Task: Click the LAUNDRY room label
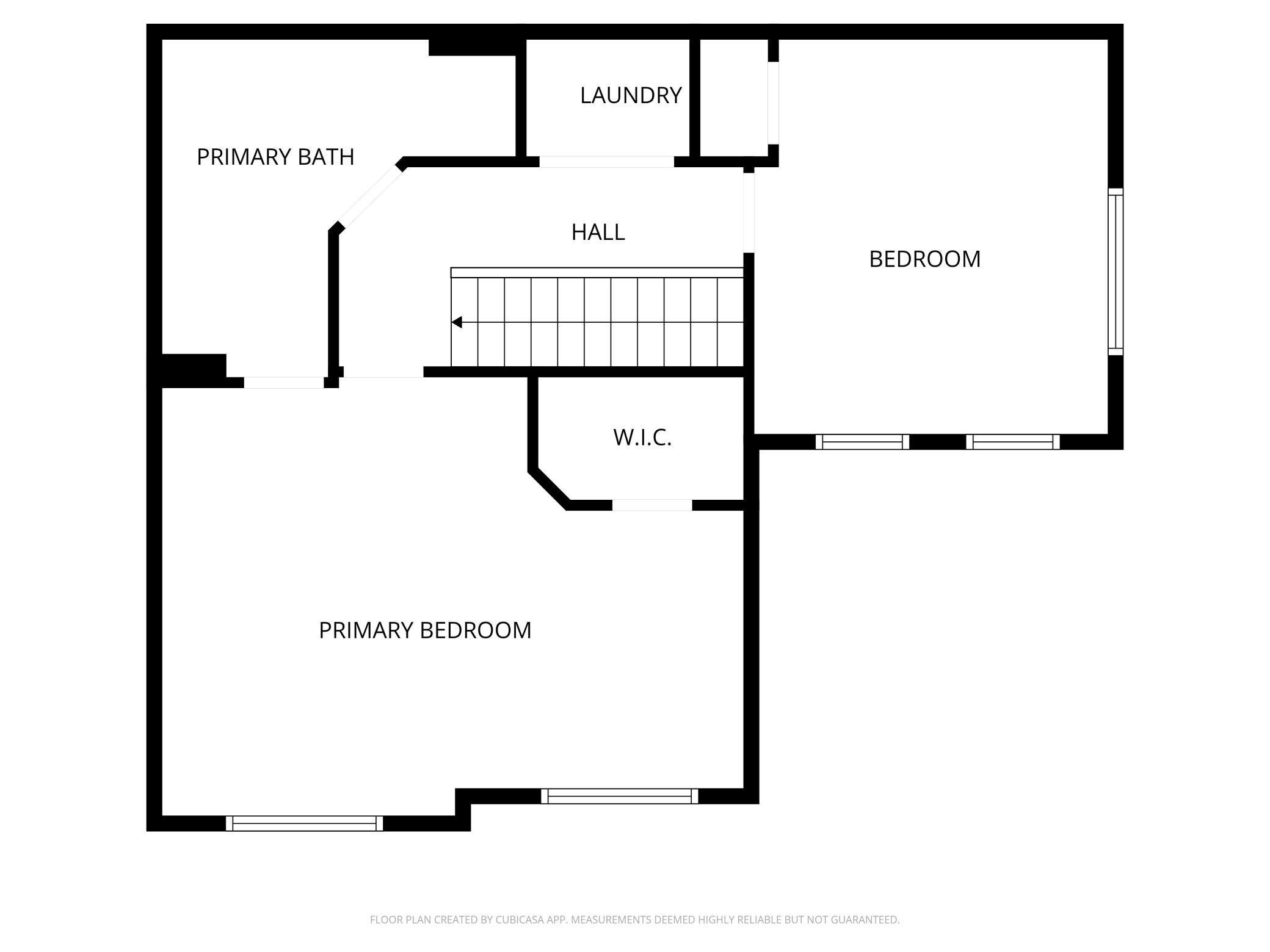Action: coord(631,96)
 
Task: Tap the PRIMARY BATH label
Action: coord(275,157)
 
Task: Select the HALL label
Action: coord(598,233)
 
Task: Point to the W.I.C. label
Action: coord(642,438)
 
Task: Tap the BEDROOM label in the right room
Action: coord(924,259)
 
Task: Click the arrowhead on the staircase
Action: coord(457,322)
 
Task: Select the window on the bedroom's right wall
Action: coord(1116,272)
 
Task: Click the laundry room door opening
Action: coord(606,162)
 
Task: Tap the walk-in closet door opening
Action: coord(652,505)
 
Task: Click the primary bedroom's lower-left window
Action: coord(304,823)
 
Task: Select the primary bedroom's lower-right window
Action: coord(619,796)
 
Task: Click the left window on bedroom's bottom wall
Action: coord(862,442)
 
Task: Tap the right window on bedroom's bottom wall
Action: coord(1012,442)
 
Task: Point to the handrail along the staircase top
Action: coord(597,272)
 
